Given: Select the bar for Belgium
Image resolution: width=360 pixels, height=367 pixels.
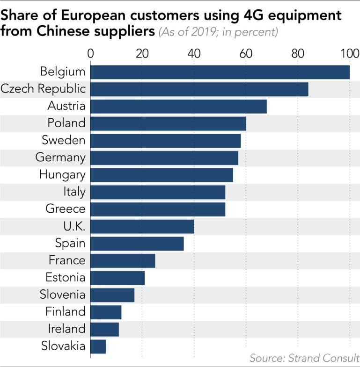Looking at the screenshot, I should coord(220,72).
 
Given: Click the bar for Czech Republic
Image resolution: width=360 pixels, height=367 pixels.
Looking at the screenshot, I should coord(199,89).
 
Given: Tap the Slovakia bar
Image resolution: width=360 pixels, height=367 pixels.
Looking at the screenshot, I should coord(98,346).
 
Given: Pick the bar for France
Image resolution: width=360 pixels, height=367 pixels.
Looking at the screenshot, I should coord(122,260).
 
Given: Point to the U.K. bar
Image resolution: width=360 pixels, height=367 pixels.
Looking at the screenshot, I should coord(142,226).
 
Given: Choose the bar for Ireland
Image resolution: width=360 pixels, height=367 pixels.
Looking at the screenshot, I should coord(104,329).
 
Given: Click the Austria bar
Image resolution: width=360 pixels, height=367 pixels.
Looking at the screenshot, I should coord(178,106).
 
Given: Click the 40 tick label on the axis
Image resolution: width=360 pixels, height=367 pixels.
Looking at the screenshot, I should coord(194,53).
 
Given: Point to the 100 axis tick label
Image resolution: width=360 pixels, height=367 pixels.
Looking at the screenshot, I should coord(349,53).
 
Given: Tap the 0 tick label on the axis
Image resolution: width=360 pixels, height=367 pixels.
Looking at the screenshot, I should coord(90,53).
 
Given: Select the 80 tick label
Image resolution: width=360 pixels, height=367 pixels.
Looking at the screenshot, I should coord(297,53).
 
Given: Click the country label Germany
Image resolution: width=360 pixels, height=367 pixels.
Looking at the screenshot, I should coord(60,158).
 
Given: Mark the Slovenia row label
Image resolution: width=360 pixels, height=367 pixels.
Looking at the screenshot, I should coord(63,295).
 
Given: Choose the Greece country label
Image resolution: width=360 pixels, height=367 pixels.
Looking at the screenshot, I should coord(65,209).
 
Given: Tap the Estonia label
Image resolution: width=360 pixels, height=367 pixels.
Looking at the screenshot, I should coord(65,277).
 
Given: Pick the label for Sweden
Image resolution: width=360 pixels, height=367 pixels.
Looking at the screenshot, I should coord(63,140).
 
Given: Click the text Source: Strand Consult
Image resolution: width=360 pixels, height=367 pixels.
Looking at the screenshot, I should coord(304,358).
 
